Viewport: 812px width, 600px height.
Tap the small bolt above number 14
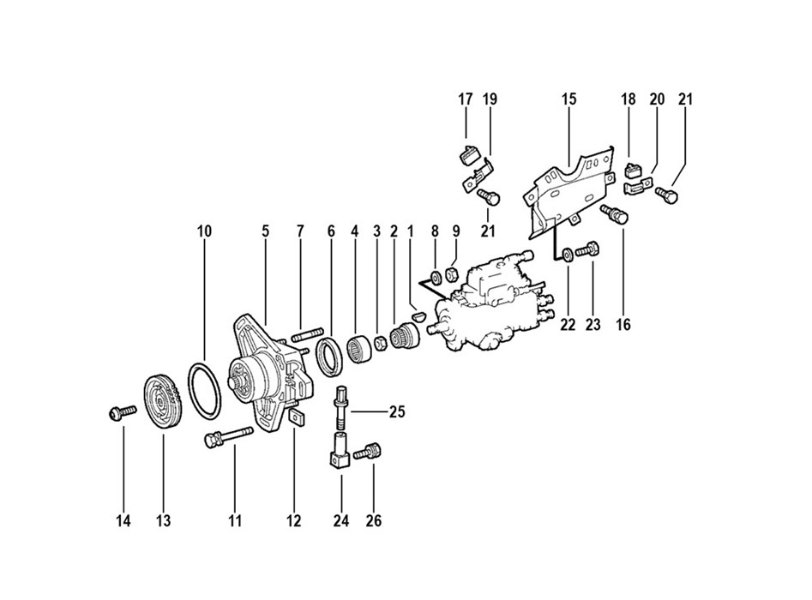click(x=123, y=412)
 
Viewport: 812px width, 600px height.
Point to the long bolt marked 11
click(x=228, y=437)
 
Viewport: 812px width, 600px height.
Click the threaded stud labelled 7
click(x=308, y=334)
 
